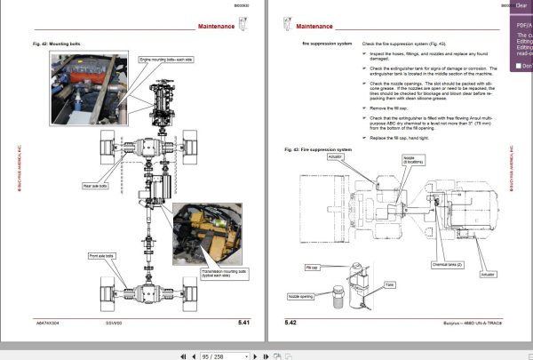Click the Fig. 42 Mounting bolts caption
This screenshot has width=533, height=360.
pos(56,43)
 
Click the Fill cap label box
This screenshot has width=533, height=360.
pos(311,266)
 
